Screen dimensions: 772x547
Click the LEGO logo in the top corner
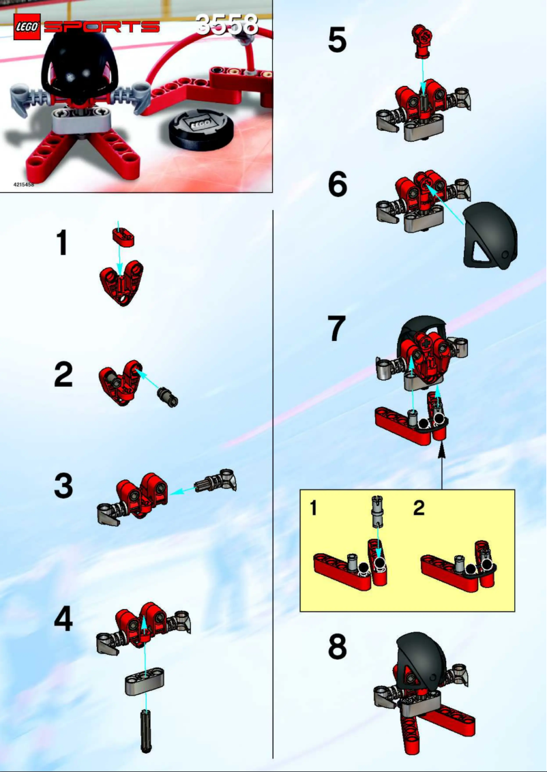27,27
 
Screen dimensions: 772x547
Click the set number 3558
227,25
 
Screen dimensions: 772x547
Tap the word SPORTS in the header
102,27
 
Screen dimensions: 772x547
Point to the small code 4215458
25,185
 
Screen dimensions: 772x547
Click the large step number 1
63,243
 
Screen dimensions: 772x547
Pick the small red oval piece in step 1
123,237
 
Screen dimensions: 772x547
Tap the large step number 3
63,487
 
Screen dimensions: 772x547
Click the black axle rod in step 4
145,730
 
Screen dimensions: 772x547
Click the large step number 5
337,40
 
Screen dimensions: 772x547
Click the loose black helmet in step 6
490,235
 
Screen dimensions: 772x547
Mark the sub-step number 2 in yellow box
419,508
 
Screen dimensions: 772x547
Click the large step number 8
337,648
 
